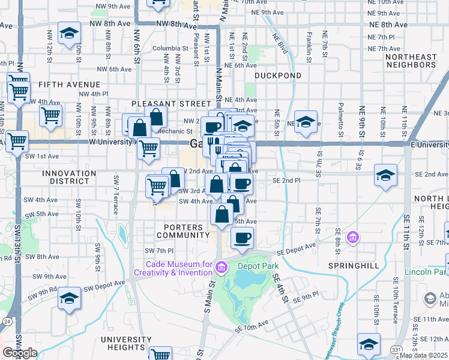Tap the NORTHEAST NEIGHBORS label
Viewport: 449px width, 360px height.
pyautogui.click(x=411, y=61)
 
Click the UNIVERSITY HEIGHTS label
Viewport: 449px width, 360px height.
pyautogui.click(x=126, y=344)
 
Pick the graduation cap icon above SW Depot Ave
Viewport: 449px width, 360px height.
pyautogui.click(x=69, y=298)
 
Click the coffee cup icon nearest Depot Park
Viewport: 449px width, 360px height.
pyautogui.click(x=242, y=238)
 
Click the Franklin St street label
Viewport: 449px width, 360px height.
pyautogui.click(x=309, y=48)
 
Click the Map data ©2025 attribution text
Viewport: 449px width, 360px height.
pyautogui.click(x=424, y=355)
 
